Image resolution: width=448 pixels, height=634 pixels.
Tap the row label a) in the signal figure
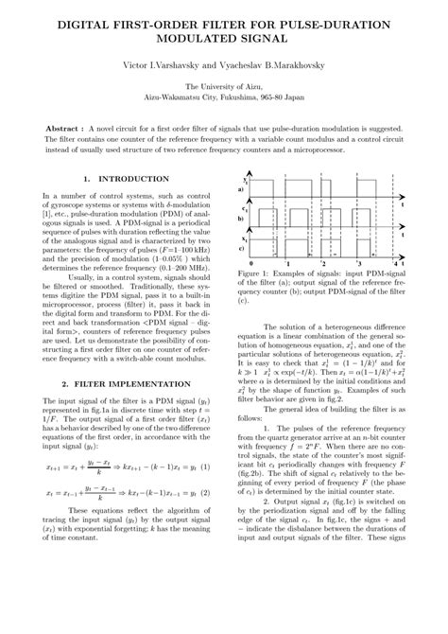point(241,189)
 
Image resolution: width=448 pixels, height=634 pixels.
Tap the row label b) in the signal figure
point(241,217)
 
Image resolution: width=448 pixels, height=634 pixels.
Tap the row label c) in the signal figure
point(241,248)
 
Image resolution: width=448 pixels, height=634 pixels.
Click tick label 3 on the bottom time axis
point(359,261)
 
